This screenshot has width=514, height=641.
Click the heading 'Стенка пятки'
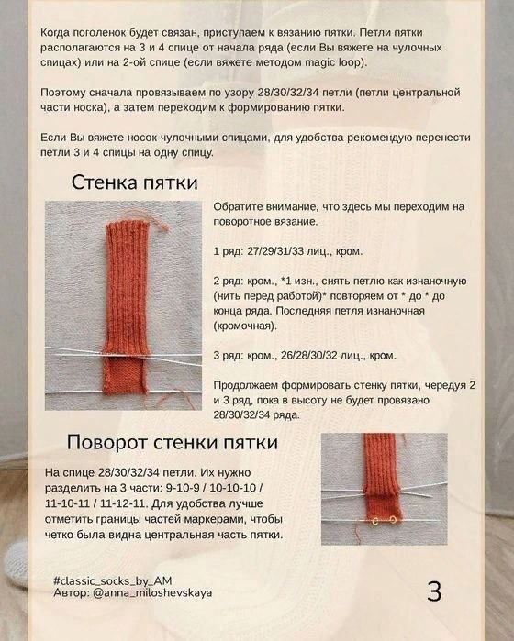click(x=134, y=182)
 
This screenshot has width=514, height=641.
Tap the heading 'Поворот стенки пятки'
click(x=173, y=442)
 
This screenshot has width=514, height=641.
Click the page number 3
click(x=434, y=591)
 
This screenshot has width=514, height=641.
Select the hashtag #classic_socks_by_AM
click(x=113, y=581)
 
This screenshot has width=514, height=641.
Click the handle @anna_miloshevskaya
click(x=152, y=592)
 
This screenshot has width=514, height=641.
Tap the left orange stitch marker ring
click(x=375, y=520)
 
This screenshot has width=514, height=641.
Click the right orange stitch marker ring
click(x=393, y=520)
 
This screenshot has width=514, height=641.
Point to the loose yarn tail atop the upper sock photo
click(x=153, y=220)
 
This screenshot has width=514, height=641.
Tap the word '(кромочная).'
click(x=245, y=326)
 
